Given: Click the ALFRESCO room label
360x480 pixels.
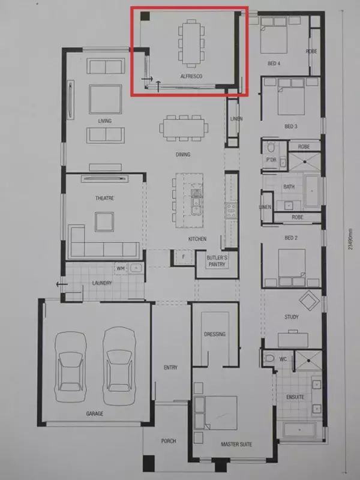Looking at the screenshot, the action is coord(191,76).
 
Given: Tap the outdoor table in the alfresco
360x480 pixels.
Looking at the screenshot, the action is coord(191,43).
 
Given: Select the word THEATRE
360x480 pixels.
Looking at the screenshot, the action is coord(104,199).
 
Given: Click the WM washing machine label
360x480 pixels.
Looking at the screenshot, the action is coord(121,268).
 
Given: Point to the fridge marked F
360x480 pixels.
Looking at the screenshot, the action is coord(184,257).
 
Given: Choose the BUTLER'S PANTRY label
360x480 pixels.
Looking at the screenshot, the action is coord(217,261).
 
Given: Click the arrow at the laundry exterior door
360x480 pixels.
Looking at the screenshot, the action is coord(62,284).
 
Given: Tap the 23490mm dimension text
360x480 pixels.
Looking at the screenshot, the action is coord(351,239).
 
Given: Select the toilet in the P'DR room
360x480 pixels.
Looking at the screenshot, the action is coord(271,147).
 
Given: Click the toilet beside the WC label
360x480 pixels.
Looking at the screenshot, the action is coord(269,358).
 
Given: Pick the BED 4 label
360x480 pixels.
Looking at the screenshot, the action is coord(274,64).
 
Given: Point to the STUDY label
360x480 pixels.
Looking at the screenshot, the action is coord(292,317).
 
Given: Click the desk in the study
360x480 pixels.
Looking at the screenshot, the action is coord(293,340).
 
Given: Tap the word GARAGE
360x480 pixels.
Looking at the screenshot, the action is coord(95,414).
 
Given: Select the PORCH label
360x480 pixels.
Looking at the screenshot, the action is coord(169,441).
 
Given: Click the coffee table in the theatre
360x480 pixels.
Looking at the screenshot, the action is coord(104,221).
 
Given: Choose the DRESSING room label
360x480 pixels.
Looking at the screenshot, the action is coord(215,334).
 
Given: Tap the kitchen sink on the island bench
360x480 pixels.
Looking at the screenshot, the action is coord(196,202).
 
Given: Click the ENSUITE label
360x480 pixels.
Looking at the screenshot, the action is coord(295,397).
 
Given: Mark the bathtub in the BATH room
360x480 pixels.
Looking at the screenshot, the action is coord(312,191).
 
